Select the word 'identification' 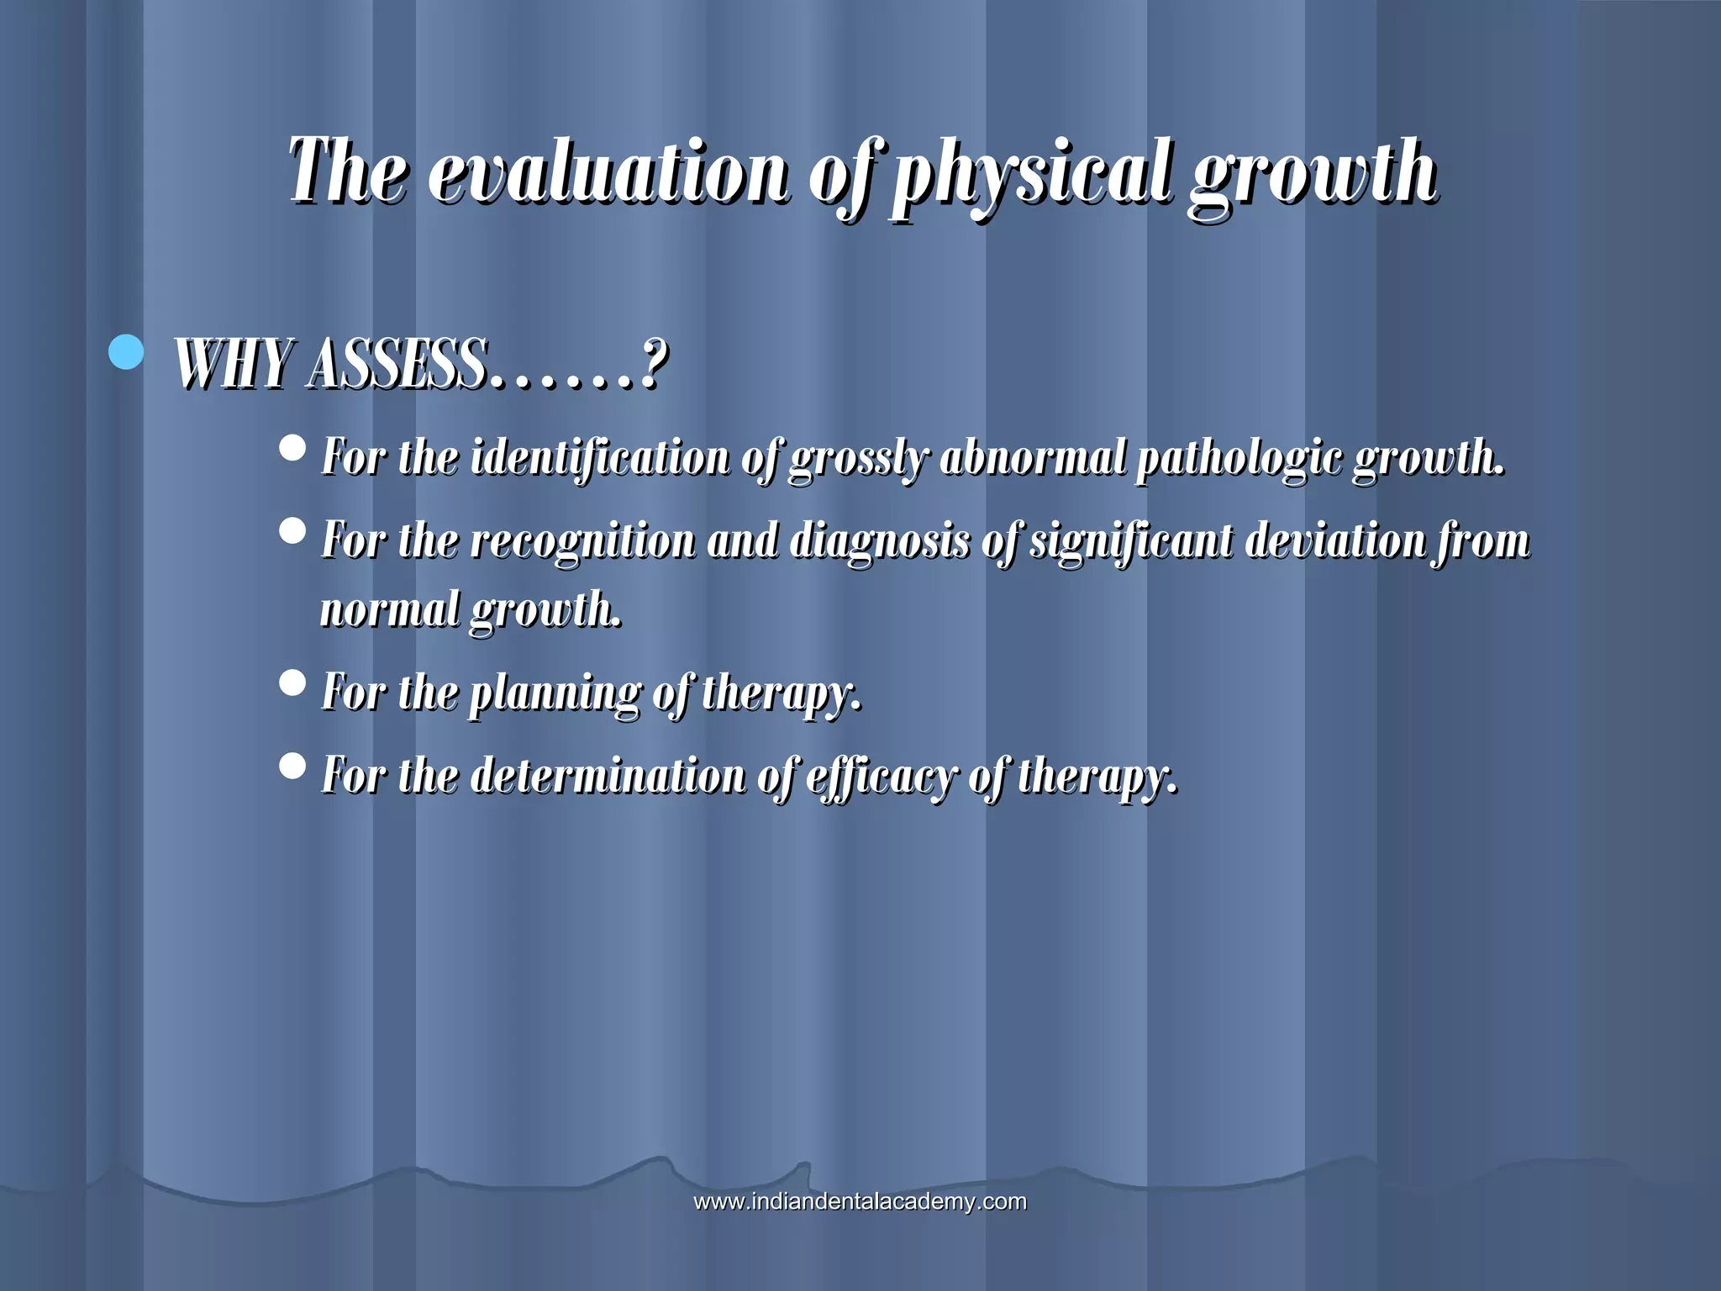(600, 458)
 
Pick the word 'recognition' (582, 540)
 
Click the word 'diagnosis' (880, 540)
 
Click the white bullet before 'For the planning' (292, 682)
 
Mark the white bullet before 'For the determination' (292, 764)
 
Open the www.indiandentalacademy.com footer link (860, 1201)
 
